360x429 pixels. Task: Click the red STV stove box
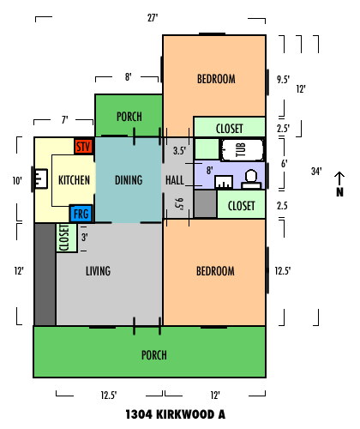pos(84,147)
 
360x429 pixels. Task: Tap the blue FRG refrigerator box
pos(81,214)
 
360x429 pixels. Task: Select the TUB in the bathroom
pos(243,149)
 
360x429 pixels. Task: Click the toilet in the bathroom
pos(251,179)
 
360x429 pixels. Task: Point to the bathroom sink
pos(224,182)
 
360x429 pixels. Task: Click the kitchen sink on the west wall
pos(41,178)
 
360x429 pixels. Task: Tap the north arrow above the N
pos(339,178)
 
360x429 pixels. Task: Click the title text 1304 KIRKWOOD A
pos(176,414)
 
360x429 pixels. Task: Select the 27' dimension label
pos(153,18)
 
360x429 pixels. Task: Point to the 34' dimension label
pos(316,171)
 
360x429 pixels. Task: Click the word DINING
pos(129,180)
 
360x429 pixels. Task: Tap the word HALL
pos(175,180)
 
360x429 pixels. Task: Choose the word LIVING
pos(99,271)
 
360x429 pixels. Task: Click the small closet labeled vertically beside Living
pos(67,238)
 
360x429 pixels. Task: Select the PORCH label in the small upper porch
pos(129,117)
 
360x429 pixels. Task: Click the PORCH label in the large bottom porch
pos(154,355)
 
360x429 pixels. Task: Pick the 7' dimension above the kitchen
pos(65,119)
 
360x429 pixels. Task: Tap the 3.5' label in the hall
pos(179,150)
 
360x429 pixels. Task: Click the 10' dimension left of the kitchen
pos(17,180)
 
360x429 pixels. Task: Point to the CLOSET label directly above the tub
pos(230,129)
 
